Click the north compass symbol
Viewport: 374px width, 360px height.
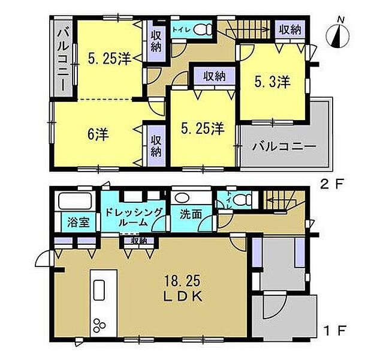337,35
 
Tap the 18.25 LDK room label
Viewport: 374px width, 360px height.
183,289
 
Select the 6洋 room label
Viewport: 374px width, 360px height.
98,134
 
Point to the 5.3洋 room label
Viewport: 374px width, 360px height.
272,82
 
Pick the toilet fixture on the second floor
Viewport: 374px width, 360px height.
203,29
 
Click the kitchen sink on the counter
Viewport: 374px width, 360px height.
99,290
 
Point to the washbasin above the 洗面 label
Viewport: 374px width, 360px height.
182,197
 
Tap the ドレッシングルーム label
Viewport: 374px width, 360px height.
134,217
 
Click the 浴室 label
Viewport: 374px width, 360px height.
79,222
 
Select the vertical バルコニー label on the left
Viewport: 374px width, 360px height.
63,59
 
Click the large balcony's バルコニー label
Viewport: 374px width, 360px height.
284,146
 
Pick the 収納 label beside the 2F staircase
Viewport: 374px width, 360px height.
290,29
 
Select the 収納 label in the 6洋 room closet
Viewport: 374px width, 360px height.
156,146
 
